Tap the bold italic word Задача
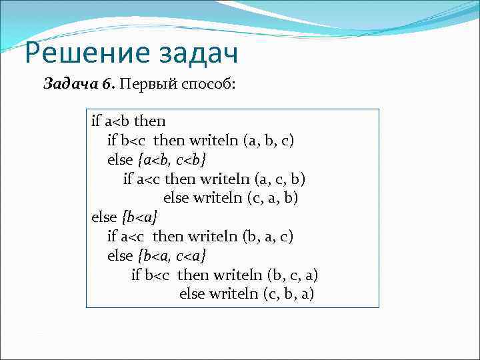click(x=69, y=85)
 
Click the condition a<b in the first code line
click(x=118, y=121)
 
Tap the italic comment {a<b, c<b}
click(x=171, y=160)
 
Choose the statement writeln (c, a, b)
click(x=253, y=198)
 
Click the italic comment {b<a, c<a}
click(x=171, y=256)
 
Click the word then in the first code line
click(x=150, y=121)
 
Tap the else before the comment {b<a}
click(x=104, y=217)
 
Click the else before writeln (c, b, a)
click(x=193, y=294)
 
